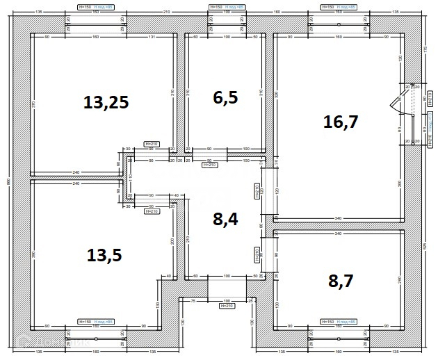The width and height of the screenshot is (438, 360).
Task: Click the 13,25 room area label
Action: pyautogui.click(x=106, y=103)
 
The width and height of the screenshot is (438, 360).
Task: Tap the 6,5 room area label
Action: pyautogui.click(x=225, y=97)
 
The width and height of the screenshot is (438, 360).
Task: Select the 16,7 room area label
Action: pyautogui.click(x=341, y=122)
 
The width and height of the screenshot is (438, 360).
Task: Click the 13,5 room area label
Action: pyautogui.click(x=104, y=254)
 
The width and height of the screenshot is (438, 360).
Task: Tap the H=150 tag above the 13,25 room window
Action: pyautogui.click(x=86, y=6)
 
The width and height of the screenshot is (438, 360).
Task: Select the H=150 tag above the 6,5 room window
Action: pyautogui.click(x=216, y=6)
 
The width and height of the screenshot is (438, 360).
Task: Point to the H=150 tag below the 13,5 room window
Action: pyautogui.click(x=86, y=322)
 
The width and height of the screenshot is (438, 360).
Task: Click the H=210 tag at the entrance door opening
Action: pyautogui.click(x=227, y=306)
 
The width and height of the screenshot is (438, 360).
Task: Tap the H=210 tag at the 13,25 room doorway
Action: pyautogui.click(x=151, y=144)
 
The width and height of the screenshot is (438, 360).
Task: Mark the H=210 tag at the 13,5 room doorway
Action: pyautogui.click(x=151, y=211)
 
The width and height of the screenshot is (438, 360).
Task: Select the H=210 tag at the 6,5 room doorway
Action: pyautogui.click(x=209, y=166)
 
